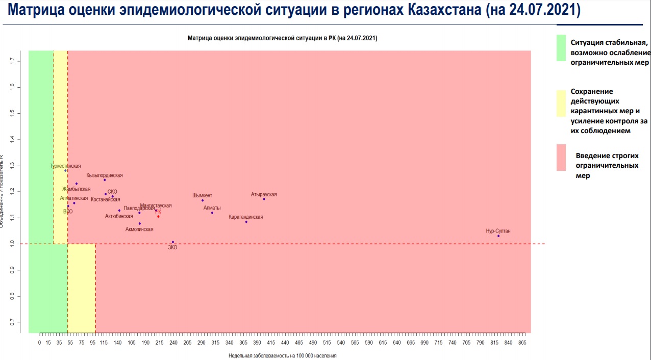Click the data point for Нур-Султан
[x=498, y=236]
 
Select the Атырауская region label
[x=264, y=194]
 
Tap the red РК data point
[x=158, y=217]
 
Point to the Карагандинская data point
[x=246, y=222]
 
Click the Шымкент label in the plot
[x=202, y=195]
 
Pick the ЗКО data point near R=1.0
[x=173, y=242]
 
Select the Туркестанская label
[x=65, y=166]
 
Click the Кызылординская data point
[x=105, y=180]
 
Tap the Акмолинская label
[x=139, y=229]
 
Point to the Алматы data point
[x=212, y=213]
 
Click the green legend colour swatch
[x=561, y=48]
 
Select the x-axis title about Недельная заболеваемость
[x=282, y=355]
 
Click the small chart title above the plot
[x=282, y=38]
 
